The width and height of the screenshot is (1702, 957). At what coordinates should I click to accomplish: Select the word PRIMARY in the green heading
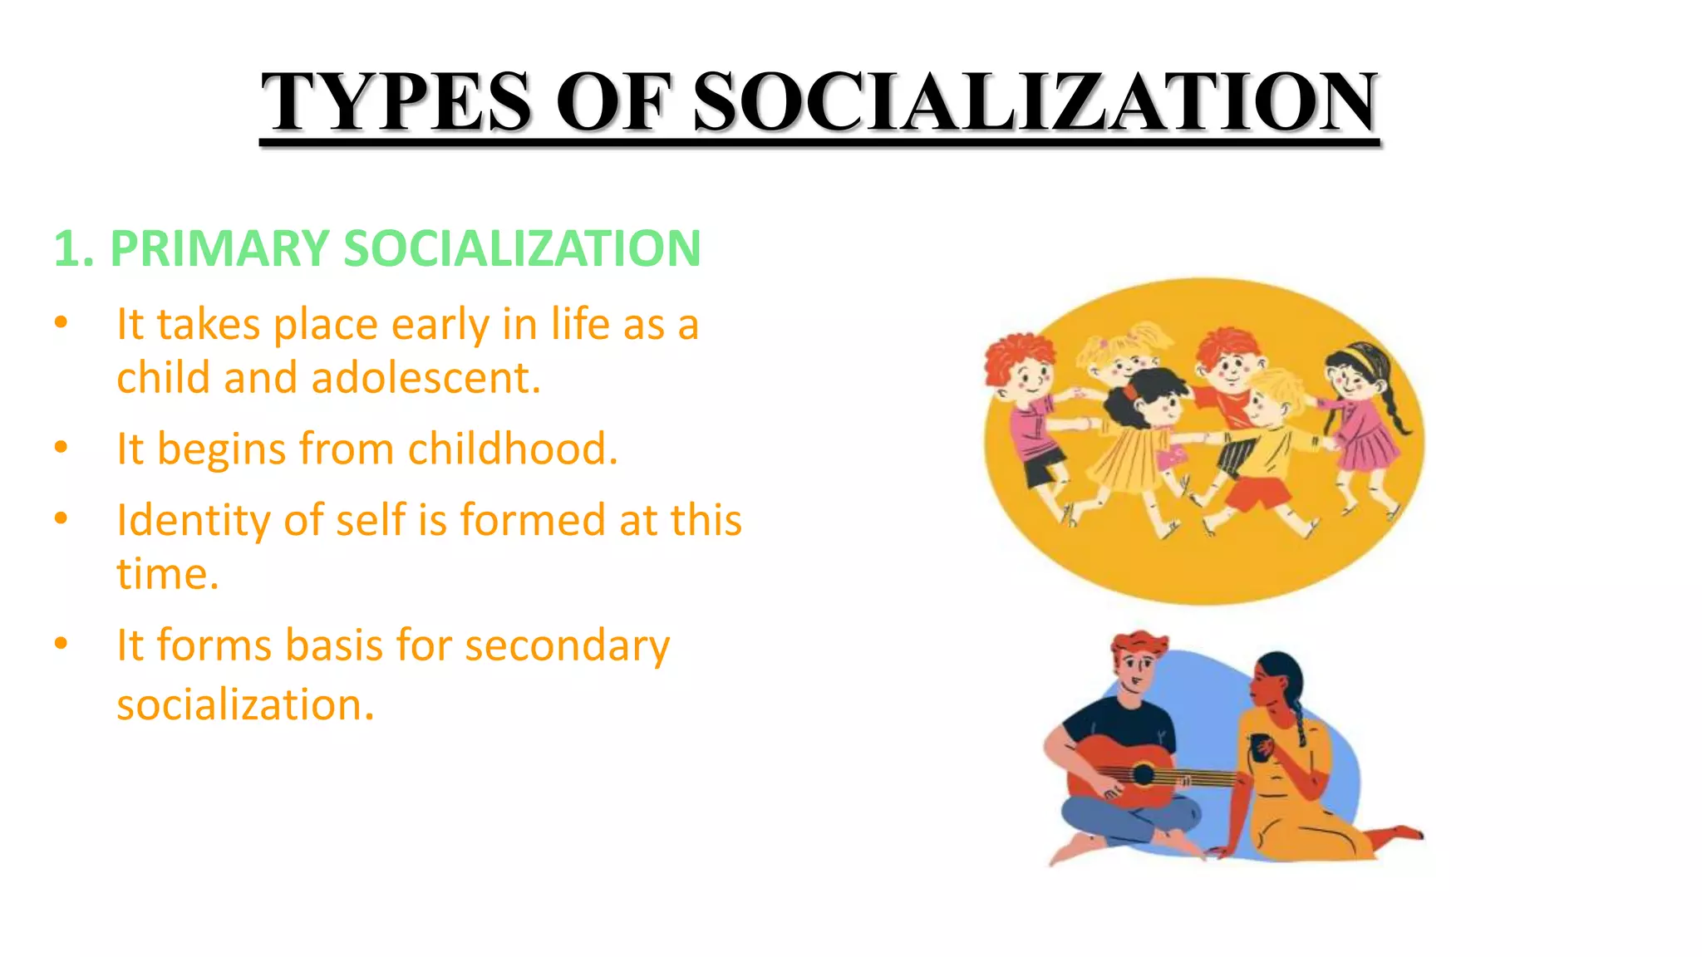click(x=219, y=248)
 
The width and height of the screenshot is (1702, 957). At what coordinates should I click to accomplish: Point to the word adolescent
click(x=425, y=378)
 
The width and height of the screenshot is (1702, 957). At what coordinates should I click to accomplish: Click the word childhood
click(x=512, y=449)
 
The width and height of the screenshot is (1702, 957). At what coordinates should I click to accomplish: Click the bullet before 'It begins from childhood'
click(x=61, y=448)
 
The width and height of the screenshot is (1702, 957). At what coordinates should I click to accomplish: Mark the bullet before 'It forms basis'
click(x=61, y=644)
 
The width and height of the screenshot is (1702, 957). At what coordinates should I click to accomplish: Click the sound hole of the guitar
click(x=1144, y=774)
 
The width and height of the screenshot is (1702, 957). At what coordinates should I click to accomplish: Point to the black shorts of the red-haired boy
click(x=1044, y=468)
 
